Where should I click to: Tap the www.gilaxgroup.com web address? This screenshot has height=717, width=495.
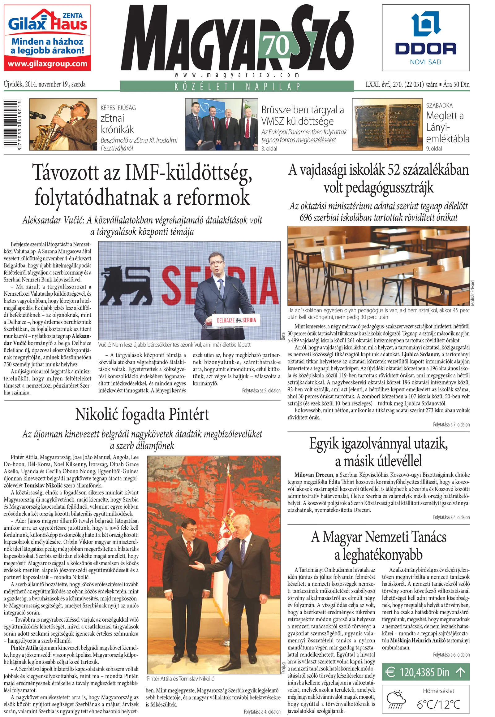pos(47,64)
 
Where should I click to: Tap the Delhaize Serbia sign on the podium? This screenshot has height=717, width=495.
pos(236,320)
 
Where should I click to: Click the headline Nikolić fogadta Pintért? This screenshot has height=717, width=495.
pos(142,415)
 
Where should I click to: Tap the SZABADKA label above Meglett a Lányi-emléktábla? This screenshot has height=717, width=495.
pos(439,106)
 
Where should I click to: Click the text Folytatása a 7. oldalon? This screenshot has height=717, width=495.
pos(451,425)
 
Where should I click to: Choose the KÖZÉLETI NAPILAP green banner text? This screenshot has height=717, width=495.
pos(237,86)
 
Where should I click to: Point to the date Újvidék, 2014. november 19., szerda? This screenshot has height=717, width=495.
pos(45,84)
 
